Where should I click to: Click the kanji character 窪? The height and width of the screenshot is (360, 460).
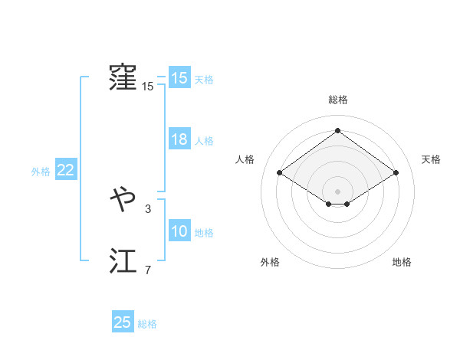(x=123, y=78)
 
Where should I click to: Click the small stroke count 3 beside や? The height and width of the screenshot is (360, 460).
(x=148, y=208)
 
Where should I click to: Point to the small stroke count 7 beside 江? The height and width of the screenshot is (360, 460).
(x=148, y=270)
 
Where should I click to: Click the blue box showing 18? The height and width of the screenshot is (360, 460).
(x=179, y=140)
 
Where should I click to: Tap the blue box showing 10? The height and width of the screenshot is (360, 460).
(x=179, y=232)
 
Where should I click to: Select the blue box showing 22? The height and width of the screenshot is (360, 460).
(x=65, y=171)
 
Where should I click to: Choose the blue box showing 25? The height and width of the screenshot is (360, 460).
(x=123, y=322)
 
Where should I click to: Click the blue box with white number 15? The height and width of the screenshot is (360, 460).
(x=179, y=78)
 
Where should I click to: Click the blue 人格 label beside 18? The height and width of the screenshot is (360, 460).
(x=204, y=141)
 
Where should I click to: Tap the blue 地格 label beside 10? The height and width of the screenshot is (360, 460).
(x=204, y=233)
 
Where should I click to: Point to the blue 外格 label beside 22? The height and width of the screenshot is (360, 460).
(x=41, y=172)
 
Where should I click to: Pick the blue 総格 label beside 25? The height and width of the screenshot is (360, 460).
(x=147, y=323)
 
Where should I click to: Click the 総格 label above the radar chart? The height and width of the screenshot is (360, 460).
(x=338, y=100)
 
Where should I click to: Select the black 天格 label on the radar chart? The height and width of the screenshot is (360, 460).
(x=431, y=159)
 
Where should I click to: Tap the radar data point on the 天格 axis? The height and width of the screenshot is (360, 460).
(x=396, y=172)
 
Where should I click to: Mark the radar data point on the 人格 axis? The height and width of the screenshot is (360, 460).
(x=280, y=172)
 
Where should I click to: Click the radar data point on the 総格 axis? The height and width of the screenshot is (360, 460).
(x=337, y=131)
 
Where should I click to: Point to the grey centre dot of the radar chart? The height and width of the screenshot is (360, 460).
(x=337, y=191)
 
